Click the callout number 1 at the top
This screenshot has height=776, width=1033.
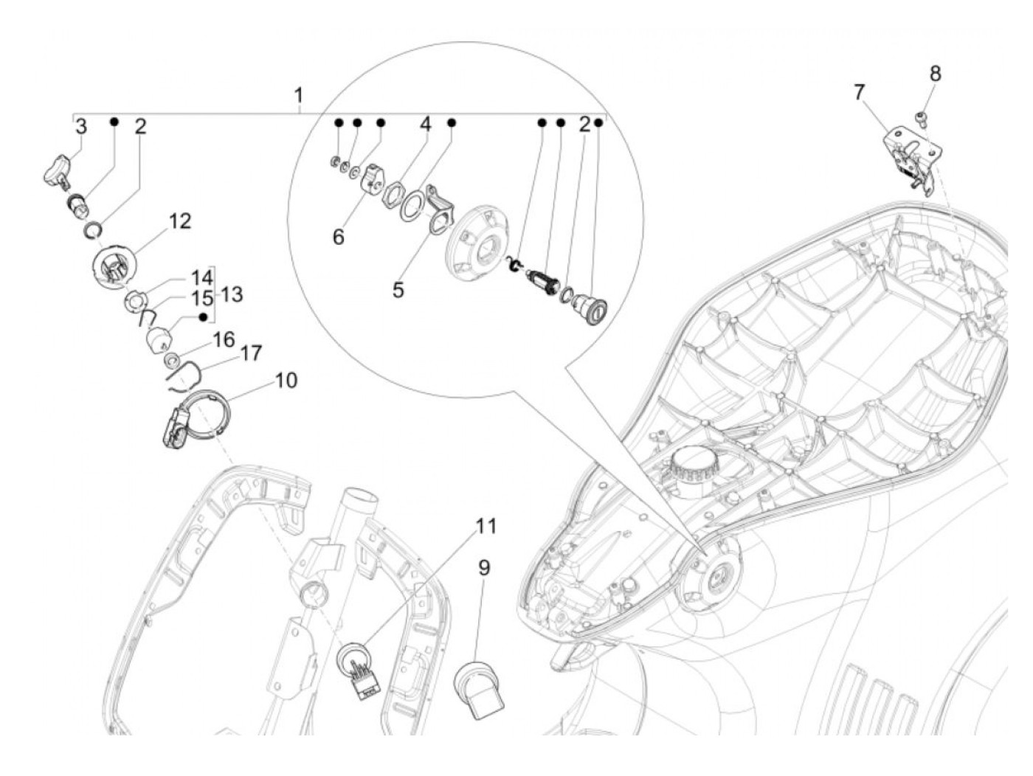[298, 95]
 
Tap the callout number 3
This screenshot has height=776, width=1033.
[80, 126]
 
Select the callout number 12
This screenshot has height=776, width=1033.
[179, 221]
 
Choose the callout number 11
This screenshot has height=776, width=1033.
[486, 526]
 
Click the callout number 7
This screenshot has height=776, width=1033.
[859, 93]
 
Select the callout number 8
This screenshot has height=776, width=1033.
[935, 73]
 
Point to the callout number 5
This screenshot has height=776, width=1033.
[398, 289]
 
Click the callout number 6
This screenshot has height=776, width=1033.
[338, 238]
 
